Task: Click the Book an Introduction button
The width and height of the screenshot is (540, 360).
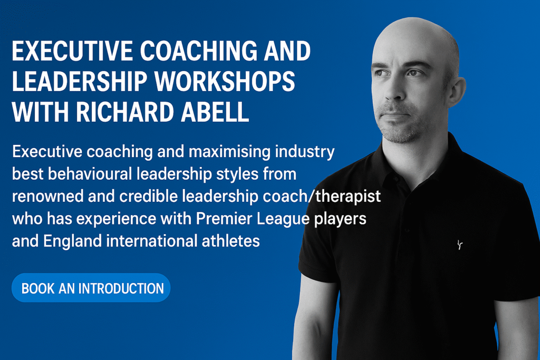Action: pos(91,288)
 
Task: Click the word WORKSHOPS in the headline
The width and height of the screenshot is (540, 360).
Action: pos(225,81)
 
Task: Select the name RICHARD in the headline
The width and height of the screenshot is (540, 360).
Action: pos(124,112)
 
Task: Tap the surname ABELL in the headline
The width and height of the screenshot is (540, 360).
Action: pos(215,112)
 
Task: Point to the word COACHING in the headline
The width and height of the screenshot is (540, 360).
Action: pos(199,51)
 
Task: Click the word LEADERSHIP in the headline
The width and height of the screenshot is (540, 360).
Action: pos(80,81)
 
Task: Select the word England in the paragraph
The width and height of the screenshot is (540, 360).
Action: pos(72,241)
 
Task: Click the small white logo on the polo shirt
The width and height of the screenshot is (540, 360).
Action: pos(460,245)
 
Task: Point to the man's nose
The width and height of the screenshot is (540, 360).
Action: pos(396,90)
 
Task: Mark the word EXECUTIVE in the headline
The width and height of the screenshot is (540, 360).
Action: pos(72,51)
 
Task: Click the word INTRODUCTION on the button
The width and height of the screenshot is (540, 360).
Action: pos(121,288)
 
